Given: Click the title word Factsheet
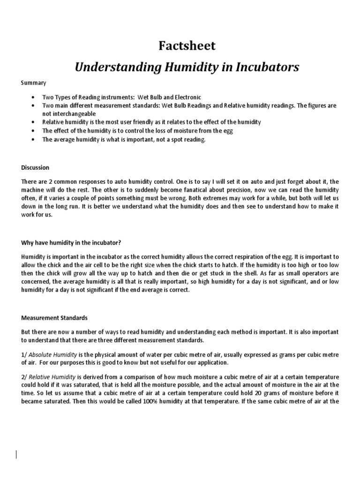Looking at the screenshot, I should coord(187,46).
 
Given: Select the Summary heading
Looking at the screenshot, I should coord(34,83).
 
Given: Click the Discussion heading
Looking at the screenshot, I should coord(35,167).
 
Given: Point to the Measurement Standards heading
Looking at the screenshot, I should coord(54,318).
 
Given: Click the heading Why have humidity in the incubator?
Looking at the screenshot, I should coord(71,242).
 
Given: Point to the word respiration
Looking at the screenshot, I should coord(224,256).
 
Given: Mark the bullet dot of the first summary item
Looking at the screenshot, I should coord(32,97).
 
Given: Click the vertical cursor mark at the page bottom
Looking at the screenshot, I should coord(16,454).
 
